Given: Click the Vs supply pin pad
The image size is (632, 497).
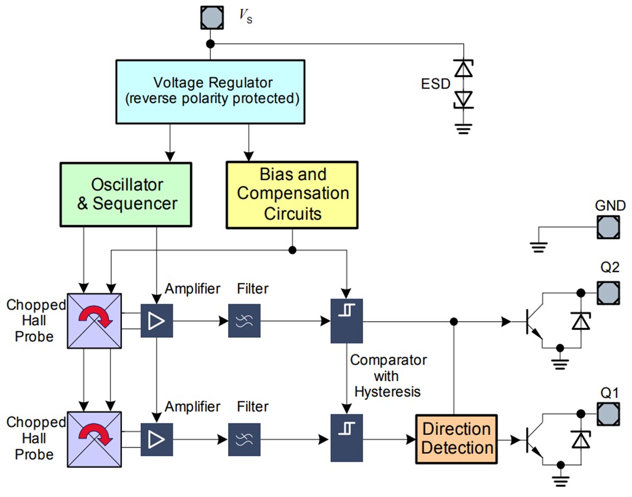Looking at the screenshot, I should tap(211, 17).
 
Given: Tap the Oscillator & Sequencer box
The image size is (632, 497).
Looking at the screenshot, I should tap(125, 194).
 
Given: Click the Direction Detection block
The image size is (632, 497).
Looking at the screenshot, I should tap(457, 439).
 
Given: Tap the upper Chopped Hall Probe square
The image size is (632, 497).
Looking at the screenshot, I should tap(94, 321).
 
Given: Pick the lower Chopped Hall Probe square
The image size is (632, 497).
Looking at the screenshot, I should tap(94, 439).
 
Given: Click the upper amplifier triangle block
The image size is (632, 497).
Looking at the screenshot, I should tap(156, 321).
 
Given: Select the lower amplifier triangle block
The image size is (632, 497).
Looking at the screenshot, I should tap(156, 440).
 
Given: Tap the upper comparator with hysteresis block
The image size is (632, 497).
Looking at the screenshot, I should tap(346, 321).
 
